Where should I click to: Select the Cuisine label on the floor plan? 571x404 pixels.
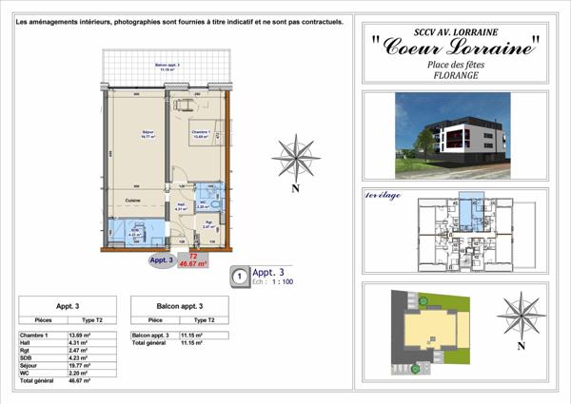pos(134,200)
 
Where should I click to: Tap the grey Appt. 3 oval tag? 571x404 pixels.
pos(161,260)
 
